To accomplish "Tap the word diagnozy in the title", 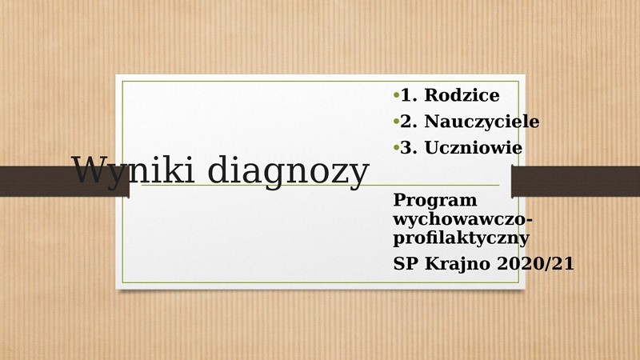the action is (x=288, y=170).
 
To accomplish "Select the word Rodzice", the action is (x=462, y=95).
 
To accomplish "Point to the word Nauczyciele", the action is (x=482, y=122).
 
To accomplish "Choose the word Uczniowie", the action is (x=473, y=147).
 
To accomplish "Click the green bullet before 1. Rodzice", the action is (x=396, y=95).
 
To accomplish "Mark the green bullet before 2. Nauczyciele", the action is (x=396, y=122).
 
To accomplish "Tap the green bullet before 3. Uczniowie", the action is (x=396, y=148).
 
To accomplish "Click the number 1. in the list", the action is (x=409, y=95).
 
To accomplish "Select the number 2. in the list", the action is (x=409, y=122).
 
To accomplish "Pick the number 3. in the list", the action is (x=409, y=147).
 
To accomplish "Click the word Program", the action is (x=435, y=201).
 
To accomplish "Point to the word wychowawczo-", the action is (x=463, y=219).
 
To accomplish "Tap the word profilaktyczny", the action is (x=462, y=238).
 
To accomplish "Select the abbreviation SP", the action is (x=406, y=263).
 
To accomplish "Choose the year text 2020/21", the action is (x=535, y=263).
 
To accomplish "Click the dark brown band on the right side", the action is (x=575, y=182).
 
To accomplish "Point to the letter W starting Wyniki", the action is (x=88, y=170).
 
